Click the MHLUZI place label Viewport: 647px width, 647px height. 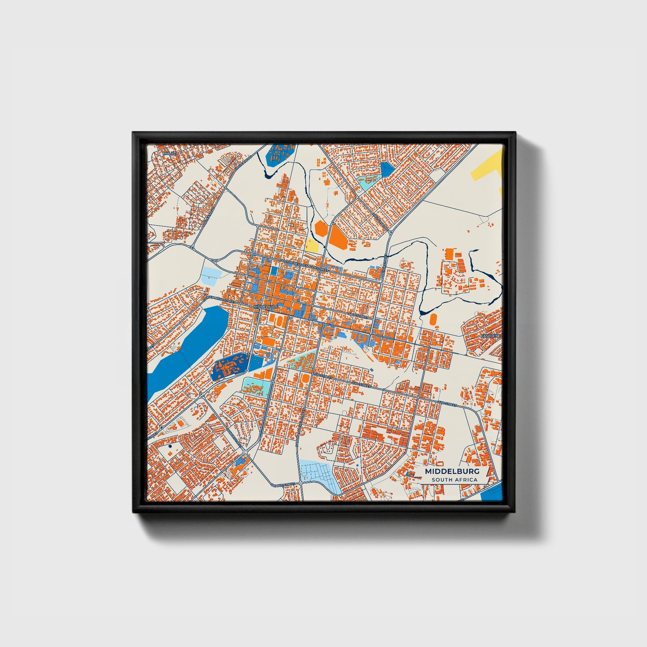[167, 153]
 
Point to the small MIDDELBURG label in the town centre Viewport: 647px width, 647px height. [266, 307]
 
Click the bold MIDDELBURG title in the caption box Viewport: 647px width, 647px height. [452, 471]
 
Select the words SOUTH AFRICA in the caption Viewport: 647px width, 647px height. [454, 480]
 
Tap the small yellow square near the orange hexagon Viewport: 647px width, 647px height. [312, 245]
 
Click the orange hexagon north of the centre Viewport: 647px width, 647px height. [321, 228]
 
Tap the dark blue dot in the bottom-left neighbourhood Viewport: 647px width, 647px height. [170, 446]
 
